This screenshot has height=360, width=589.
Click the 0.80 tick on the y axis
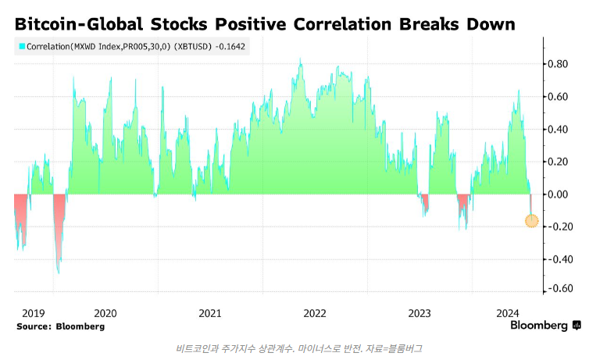(556, 64)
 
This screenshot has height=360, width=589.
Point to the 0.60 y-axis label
(556, 97)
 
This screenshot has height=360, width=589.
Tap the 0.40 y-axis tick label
(556, 129)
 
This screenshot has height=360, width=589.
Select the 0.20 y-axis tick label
(556, 162)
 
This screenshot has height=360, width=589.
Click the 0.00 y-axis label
(556, 194)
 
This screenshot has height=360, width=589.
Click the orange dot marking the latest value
(531, 221)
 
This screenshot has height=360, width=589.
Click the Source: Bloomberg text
(60, 326)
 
